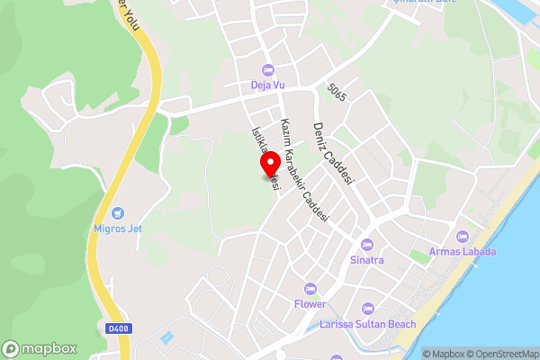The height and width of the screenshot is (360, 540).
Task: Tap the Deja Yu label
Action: (267, 86)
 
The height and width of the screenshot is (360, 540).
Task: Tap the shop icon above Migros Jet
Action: (118, 214)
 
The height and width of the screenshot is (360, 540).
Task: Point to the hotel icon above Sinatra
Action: (366, 245)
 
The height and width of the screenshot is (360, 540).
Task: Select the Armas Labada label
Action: (463, 251)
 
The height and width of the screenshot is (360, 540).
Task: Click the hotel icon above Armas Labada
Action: (463, 236)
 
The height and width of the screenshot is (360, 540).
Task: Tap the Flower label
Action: (310, 303)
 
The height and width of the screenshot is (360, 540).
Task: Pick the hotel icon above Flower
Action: (310, 288)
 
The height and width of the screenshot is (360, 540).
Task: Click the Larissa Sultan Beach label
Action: (368, 323)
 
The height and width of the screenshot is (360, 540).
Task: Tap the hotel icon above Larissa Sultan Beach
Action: (368, 308)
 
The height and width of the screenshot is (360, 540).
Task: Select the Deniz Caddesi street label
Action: (332, 153)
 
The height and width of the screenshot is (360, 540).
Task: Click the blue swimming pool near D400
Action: (167, 337)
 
